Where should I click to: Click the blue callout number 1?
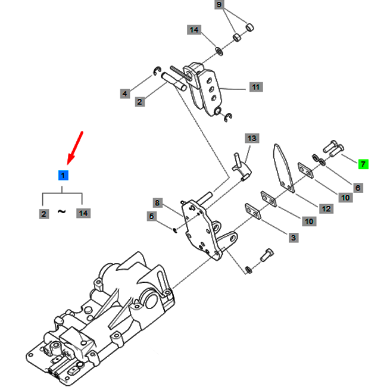(63, 175)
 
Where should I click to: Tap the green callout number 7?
(363, 164)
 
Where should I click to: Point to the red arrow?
(75, 148)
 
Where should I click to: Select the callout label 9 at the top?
(219, 4)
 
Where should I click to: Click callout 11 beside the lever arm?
(256, 87)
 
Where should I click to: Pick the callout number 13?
(252, 138)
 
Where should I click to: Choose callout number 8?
(157, 203)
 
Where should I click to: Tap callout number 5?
(152, 216)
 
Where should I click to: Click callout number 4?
(125, 93)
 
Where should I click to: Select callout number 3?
(294, 238)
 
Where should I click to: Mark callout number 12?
(326, 209)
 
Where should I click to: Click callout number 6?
(358, 188)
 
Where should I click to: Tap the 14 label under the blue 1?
(83, 213)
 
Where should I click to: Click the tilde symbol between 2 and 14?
(62, 211)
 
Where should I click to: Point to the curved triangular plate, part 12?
(284, 168)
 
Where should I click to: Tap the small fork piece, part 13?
(241, 167)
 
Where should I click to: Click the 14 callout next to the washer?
(194, 30)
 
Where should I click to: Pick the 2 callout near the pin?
(140, 102)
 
